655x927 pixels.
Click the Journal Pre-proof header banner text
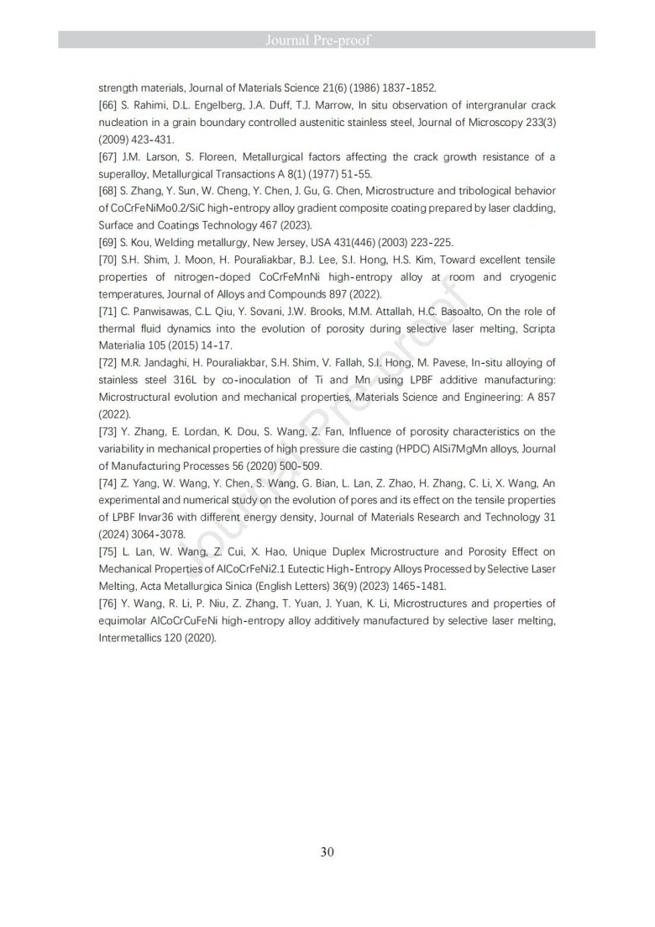point(327,40)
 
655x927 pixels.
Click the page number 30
point(327,851)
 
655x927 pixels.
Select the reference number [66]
point(109,105)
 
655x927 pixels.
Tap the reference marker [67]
point(109,157)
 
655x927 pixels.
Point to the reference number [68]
point(109,191)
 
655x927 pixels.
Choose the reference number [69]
point(109,242)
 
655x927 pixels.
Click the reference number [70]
point(109,260)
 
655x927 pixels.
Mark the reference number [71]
point(109,311)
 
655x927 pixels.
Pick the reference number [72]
point(109,362)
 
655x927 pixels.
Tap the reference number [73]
point(109,431)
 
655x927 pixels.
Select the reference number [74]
point(109,482)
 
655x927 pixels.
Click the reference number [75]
point(109,551)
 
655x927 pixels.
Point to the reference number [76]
point(109,603)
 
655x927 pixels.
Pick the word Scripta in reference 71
point(537,329)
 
